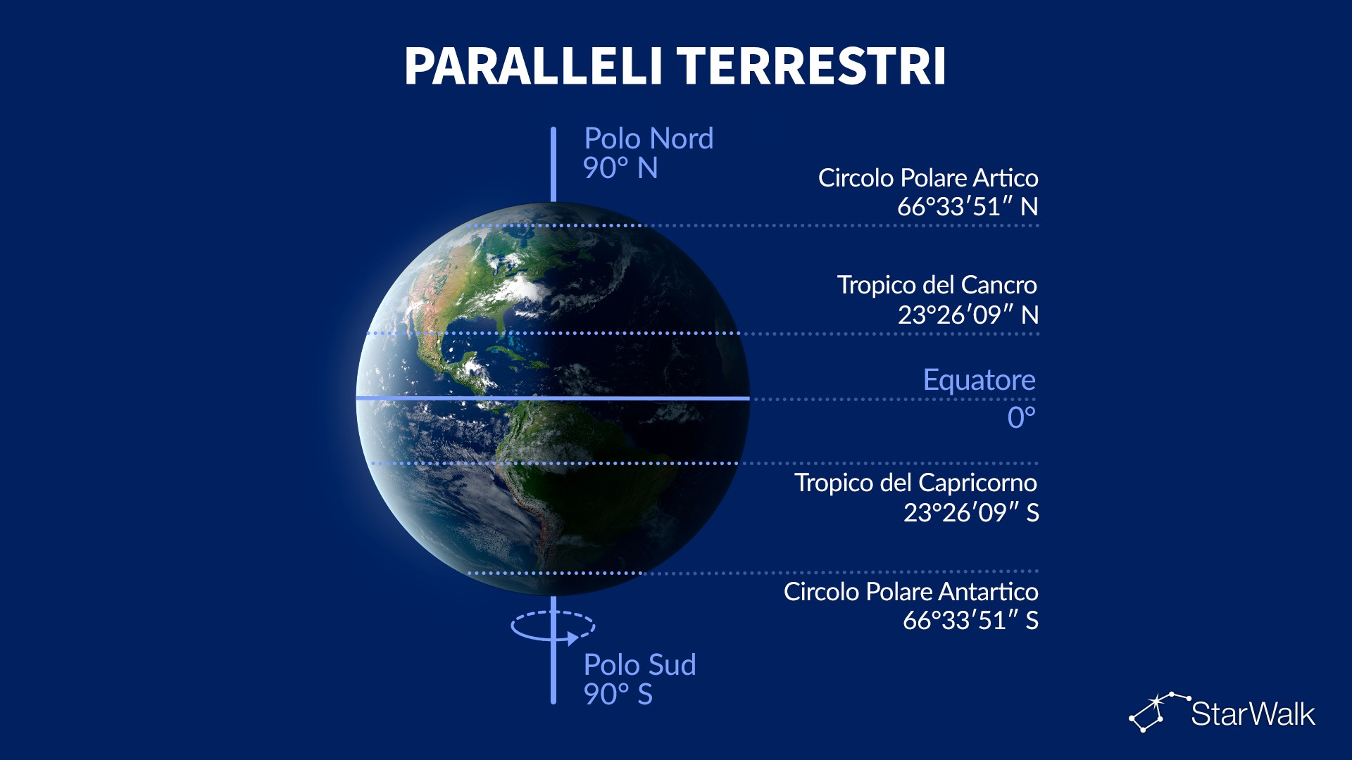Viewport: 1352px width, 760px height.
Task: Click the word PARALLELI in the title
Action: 533,67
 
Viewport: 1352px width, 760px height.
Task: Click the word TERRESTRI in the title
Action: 812,67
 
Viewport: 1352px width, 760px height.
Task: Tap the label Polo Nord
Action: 649,139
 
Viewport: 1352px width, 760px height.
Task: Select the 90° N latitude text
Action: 620,168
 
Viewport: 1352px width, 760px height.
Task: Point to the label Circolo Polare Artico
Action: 928,178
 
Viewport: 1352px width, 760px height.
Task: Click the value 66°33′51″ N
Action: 968,207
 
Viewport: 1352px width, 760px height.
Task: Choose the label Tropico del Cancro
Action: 937,285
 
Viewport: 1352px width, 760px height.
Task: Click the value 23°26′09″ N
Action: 968,315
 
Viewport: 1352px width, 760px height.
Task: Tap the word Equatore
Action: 979,380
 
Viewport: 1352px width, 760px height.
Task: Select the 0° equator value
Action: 1022,418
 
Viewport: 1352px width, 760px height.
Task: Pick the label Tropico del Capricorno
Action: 915,483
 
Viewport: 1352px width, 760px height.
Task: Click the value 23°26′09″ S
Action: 971,512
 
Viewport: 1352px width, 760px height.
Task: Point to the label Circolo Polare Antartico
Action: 911,592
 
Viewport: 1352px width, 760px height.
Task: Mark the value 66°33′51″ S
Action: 970,621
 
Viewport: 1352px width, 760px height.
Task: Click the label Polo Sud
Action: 640,665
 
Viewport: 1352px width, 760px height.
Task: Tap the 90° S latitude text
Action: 618,695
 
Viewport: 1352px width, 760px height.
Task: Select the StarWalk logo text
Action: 1253,714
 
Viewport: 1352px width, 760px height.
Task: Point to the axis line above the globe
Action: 553,165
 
